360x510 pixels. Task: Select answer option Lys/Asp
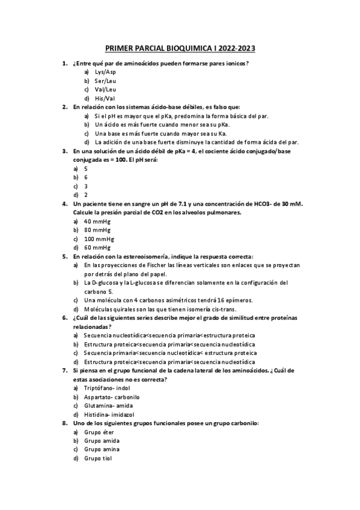click(106, 72)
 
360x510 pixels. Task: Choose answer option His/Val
click(105, 98)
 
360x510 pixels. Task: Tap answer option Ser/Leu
click(106, 81)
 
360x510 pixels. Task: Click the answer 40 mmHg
click(97, 221)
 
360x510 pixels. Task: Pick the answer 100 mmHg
click(99, 239)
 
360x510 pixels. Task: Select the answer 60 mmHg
click(97, 247)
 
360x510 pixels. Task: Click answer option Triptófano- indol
click(107, 388)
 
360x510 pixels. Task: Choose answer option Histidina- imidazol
click(109, 414)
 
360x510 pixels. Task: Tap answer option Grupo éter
click(99, 432)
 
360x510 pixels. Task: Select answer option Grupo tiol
click(98, 458)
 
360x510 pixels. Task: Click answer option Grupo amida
click(102, 440)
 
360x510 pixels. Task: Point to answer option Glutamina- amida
click(109, 405)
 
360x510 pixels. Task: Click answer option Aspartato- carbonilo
click(112, 397)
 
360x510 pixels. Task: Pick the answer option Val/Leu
click(106, 89)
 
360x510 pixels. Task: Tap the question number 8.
click(64, 423)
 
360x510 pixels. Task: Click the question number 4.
click(64, 204)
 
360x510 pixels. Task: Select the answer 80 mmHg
click(97, 230)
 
